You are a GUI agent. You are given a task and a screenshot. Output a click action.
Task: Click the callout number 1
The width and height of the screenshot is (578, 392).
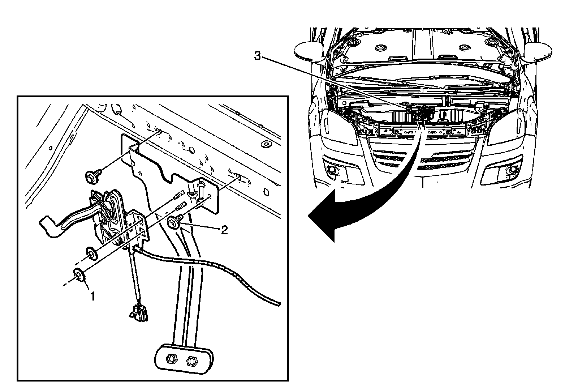pos(93,297)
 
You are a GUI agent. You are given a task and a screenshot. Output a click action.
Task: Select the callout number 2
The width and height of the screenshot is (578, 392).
pos(224,230)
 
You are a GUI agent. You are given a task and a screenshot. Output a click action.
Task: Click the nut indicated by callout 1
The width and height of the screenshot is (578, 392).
pos(79,275)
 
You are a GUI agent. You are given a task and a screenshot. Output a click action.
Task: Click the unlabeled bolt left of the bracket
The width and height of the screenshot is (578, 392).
pos(91,176)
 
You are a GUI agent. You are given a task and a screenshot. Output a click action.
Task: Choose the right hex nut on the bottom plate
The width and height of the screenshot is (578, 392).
pos(190,360)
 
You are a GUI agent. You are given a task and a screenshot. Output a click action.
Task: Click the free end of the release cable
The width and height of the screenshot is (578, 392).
pos(279,304)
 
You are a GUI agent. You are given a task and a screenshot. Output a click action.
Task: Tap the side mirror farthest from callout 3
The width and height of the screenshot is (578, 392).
pos(539,51)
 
